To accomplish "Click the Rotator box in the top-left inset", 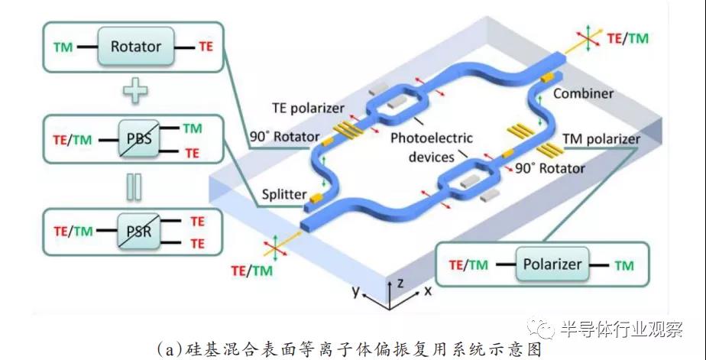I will click(x=136, y=47).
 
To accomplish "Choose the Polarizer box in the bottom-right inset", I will click(x=552, y=265).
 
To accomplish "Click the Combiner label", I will click(x=583, y=92).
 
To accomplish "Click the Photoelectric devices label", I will click(x=429, y=146).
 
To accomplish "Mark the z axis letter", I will click(x=400, y=281).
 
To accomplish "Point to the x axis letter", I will click(x=428, y=291).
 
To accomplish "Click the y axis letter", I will click(x=355, y=291).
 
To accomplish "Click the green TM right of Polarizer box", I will click(x=624, y=265).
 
